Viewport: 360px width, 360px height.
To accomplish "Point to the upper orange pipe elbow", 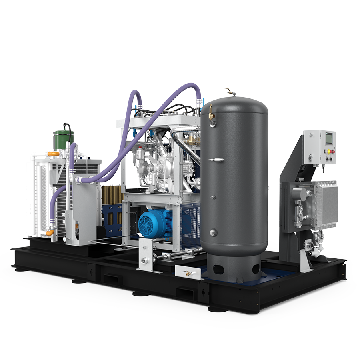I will [x=54, y=154].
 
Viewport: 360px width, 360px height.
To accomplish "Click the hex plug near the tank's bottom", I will [x=213, y=232].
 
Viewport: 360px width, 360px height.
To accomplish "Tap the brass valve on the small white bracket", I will [x=187, y=274].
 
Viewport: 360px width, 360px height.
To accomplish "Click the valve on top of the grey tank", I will [x=229, y=92].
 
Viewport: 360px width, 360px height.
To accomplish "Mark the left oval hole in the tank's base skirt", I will [x=218, y=269].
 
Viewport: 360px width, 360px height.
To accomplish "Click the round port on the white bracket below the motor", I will [x=145, y=260].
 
